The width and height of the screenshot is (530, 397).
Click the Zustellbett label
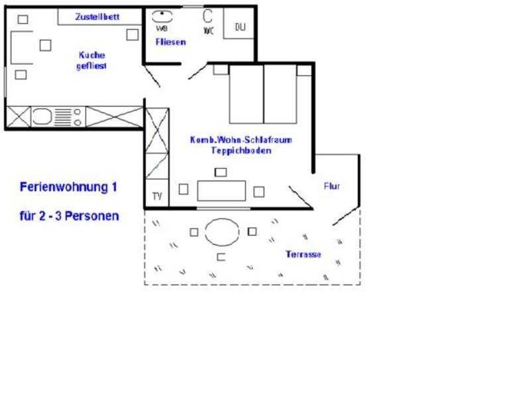[x=97, y=17]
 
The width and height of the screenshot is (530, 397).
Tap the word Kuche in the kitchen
[x=92, y=55]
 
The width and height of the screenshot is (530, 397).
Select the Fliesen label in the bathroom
[x=171, y=42]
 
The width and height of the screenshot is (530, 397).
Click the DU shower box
[x=239, y=23]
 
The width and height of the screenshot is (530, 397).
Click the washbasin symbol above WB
[x=162, y=17]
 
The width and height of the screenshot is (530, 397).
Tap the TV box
[x=157, y=193]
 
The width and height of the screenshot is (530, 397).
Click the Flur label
[x=332, y=186]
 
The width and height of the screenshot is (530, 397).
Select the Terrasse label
[x=303, y=254]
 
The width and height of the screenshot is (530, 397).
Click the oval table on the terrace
[x=222, y=232]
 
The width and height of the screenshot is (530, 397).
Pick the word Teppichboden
[x=241, y=151]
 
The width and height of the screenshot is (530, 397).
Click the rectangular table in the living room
[x=221, y=191]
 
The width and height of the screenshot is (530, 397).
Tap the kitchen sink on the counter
[x=42, y=117]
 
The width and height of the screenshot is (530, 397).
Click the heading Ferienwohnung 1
[x=68, y=187]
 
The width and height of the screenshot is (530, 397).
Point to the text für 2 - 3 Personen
[x=70, y=216]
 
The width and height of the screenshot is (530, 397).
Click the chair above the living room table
[x=221, y=172]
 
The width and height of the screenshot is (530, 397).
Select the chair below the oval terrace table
[x=221, y=257]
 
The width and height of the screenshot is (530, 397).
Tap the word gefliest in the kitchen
[x=91, y=66]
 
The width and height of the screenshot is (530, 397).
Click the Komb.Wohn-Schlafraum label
[x=241, y=140]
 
